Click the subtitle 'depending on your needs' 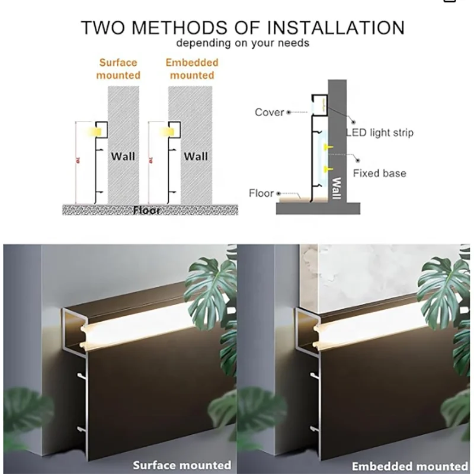(x=242, y=43)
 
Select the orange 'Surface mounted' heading (x=118, y=69)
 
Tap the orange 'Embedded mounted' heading (x=192, y=69)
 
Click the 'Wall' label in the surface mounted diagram (x=123, y=156)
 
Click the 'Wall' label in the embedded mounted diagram (x=196, y=156)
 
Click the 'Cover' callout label (x=270, y=112)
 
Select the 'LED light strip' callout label (x=379, y=133)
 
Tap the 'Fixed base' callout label (x=380, y=174)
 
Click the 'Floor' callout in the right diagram (x=261, y=193)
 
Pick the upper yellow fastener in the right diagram (x=327, y=146)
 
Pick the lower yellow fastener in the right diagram (x=327, y=171)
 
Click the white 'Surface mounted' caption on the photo (x=182, y=465)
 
